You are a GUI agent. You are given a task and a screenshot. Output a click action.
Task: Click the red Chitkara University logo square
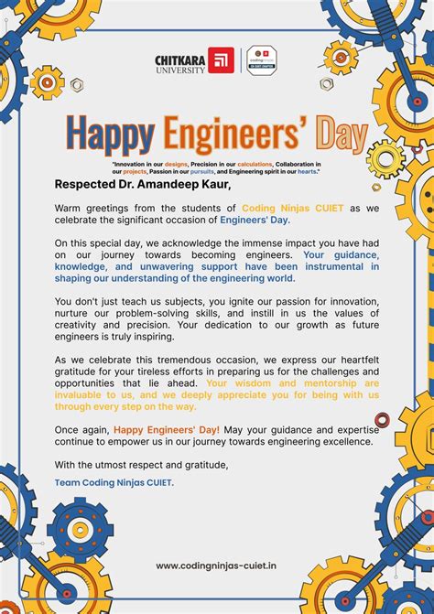[221, 60]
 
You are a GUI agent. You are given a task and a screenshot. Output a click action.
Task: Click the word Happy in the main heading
[110, 135]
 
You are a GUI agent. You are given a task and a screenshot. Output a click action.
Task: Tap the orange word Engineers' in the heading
[232, 135]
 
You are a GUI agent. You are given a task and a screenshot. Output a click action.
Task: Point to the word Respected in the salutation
[89, 184]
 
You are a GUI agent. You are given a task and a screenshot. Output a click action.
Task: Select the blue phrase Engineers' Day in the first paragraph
[254, 220]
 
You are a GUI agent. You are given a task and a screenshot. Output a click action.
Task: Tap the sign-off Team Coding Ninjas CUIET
[114, 482]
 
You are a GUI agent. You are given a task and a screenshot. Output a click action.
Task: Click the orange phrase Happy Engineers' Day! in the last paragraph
[167, 429]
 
